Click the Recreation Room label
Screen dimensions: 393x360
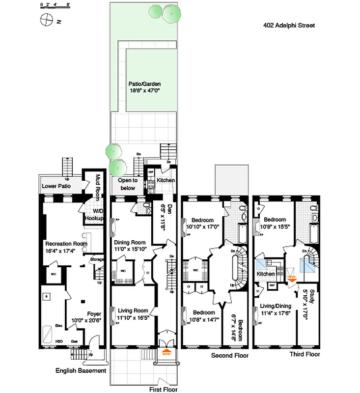(66, 244)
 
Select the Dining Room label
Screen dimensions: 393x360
(130, 242)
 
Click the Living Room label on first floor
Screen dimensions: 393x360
(133, 310)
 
